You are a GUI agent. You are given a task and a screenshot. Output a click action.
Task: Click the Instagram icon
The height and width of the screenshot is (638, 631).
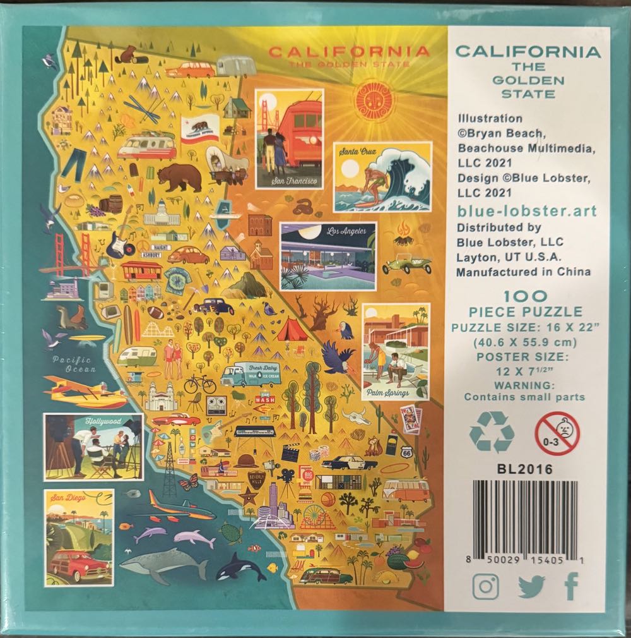tap(485, 587)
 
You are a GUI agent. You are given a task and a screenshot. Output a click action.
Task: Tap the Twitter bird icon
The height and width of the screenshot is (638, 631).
tap(531, 587)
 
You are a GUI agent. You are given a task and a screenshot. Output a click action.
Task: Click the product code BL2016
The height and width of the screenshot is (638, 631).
tap(512, 469)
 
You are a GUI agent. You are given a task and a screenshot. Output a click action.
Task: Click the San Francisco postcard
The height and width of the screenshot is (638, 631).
tap(290, 139)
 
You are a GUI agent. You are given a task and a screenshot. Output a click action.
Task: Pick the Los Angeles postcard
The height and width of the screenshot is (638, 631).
tap(328, 256)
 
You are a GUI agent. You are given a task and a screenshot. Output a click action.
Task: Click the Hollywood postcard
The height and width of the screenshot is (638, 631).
tap(93, 447)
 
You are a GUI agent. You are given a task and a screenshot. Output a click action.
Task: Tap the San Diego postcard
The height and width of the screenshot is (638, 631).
tap(79, 537)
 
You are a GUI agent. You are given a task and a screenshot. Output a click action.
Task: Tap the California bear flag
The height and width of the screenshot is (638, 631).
tap(199, 129)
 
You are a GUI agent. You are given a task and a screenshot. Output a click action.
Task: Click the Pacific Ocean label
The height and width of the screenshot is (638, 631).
tap(73, 364)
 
